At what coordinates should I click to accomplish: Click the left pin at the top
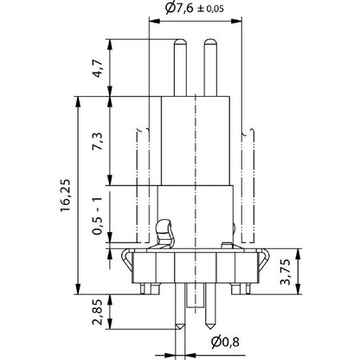[x=178, y=66]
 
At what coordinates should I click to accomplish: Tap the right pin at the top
[x=208, y=66]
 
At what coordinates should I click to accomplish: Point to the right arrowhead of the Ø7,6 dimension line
[x=232, y=22]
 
